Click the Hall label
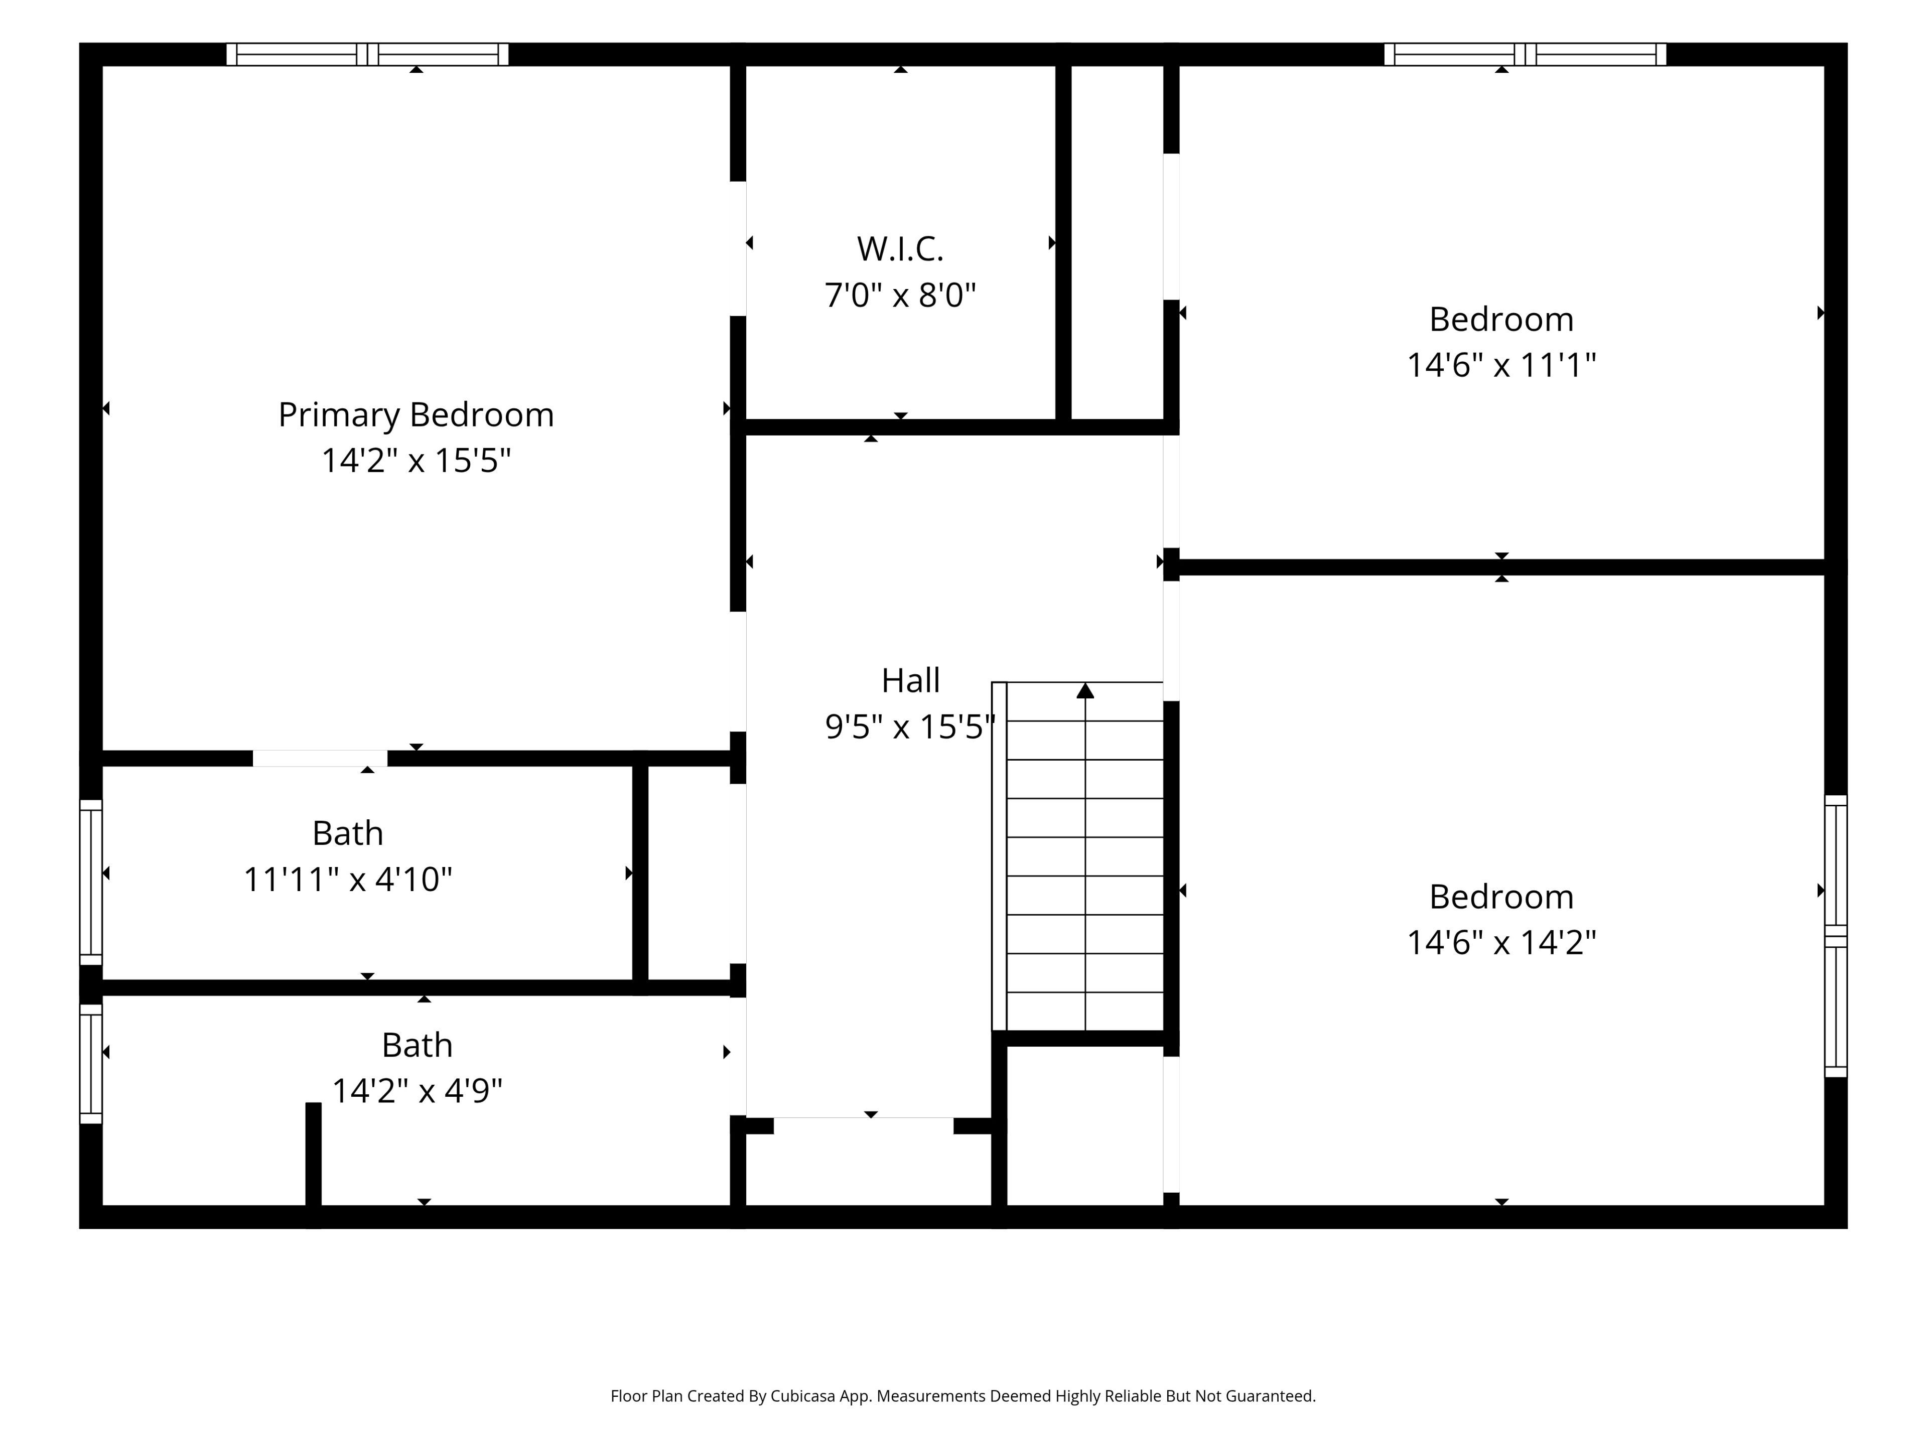point(910,680)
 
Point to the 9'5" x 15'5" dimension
point(910,727)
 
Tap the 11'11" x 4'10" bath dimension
point(348,879)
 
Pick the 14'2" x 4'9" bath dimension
point(418,1090)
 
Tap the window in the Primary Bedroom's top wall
point(368,54)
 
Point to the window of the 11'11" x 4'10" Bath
point(91,883)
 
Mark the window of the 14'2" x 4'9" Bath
point(91,1064)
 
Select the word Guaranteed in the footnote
point(1269,1396)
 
